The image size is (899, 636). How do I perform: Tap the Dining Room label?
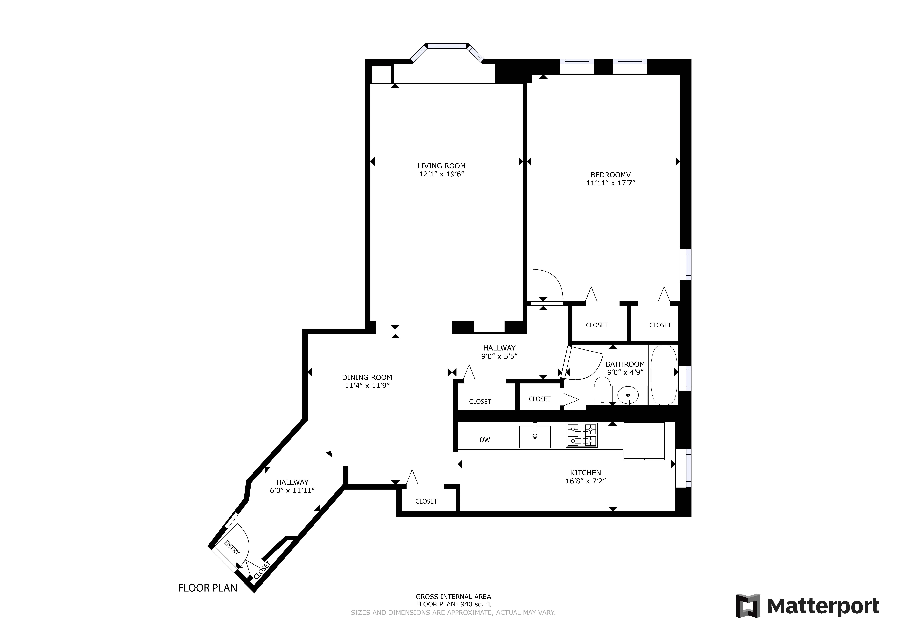tap(367, 377)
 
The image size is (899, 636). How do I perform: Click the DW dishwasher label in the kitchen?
tap(485, 440)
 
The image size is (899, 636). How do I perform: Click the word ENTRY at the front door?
tap(232, 547)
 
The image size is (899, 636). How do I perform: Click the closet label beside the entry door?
tap(262, 571)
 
